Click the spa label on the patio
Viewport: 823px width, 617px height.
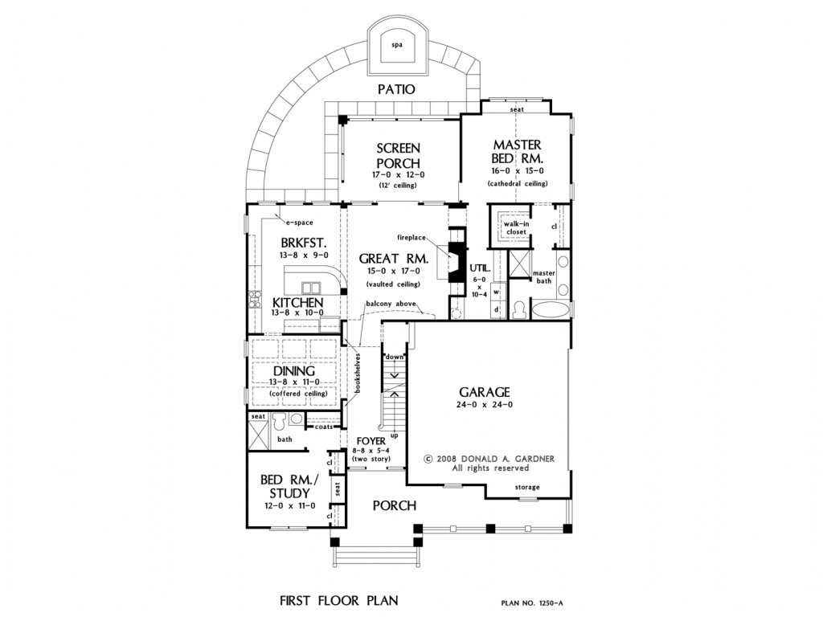click(397, 45)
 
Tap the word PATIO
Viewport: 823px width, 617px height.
click(397, 90)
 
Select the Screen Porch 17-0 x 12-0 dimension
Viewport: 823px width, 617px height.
click(398, 174)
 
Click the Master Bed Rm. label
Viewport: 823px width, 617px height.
click(517, 151)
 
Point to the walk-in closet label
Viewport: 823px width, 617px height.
click(517, 227)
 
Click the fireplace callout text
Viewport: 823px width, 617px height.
click(411, 238)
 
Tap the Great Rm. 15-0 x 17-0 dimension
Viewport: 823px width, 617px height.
click(393, 272)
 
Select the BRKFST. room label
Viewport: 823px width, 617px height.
click(304, 243)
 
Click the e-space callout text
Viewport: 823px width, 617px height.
click(299, 223)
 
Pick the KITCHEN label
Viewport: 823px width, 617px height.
click(297, 303)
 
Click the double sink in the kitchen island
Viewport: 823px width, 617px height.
click(310, 288)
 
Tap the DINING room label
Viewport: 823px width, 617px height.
click(294, 371)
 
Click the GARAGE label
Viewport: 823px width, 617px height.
click(485, 392)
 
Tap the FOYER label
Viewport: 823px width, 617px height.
click(371, 441)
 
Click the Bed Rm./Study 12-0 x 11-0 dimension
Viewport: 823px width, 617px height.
click(289, 506)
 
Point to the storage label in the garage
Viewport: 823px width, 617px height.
click(527, 487)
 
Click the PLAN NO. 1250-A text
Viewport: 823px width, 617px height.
click(532, 603)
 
